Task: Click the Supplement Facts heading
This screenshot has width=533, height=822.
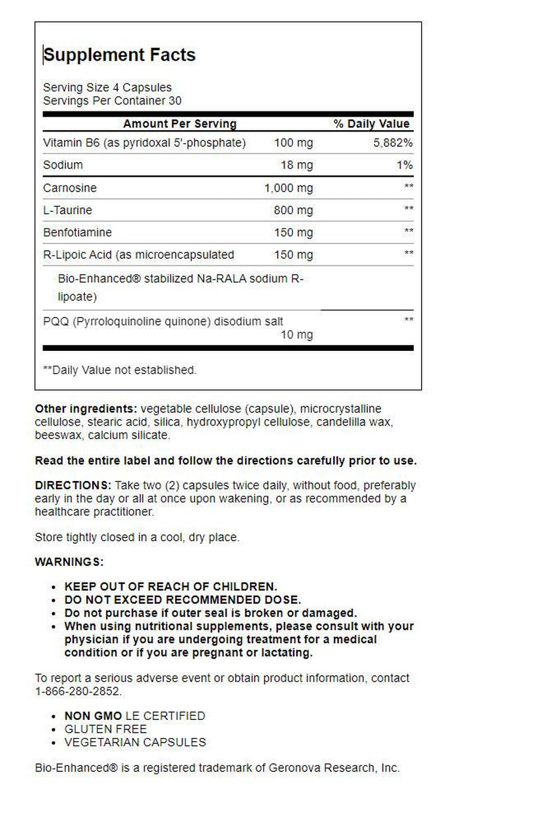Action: point(120,55)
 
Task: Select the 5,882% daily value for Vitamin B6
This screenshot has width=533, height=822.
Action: point(392,143)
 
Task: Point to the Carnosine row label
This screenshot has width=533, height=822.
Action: point(67,188)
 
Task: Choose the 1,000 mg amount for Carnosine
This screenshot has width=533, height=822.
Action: point(288,188)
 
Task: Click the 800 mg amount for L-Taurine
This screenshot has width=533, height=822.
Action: point(293,210)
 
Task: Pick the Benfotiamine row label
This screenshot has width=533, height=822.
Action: point(77,232)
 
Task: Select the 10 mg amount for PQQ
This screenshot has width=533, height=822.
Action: point(296,334)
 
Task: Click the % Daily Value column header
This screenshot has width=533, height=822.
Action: point(372,124)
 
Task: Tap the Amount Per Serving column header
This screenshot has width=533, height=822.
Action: point(180,124)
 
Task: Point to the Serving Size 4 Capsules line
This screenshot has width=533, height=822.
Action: point(107,87)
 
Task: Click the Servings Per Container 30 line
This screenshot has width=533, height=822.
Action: point(112,101)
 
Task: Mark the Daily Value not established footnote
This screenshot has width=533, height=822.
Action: point(120,370)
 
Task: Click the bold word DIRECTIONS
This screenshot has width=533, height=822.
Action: point(73,485)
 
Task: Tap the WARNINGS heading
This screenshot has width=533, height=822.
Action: point(69,562)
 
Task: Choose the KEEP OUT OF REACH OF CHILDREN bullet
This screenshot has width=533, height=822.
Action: point(170,586)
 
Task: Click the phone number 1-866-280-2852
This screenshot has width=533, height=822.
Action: point(78,691)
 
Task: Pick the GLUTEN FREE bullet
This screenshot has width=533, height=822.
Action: point(105,729)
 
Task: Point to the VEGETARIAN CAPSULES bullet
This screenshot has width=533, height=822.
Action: point(135,742)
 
